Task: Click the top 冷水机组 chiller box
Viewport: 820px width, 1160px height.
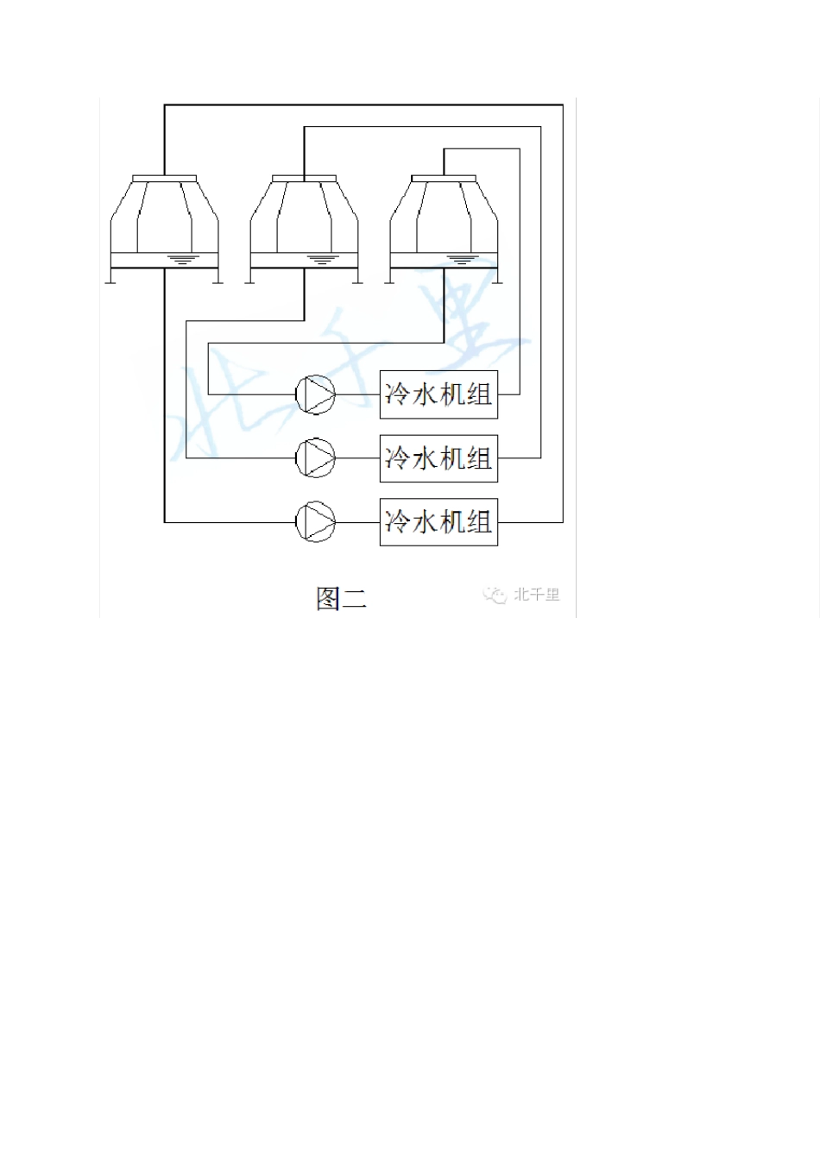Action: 438,394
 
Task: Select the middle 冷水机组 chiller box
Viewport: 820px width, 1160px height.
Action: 438,458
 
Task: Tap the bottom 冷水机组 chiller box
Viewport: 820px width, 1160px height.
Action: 438,522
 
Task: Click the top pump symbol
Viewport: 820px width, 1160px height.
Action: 315,394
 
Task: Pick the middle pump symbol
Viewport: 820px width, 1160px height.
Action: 315,457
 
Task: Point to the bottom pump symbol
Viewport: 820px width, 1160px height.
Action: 315,521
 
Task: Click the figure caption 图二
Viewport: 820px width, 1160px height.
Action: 341,598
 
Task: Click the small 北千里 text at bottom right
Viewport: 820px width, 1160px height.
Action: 537,595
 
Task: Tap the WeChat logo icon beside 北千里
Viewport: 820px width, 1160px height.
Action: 495,596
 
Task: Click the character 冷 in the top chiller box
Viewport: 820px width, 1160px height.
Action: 397,394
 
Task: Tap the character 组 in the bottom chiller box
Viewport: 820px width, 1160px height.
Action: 479,522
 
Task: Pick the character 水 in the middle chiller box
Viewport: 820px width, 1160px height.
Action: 425,458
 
